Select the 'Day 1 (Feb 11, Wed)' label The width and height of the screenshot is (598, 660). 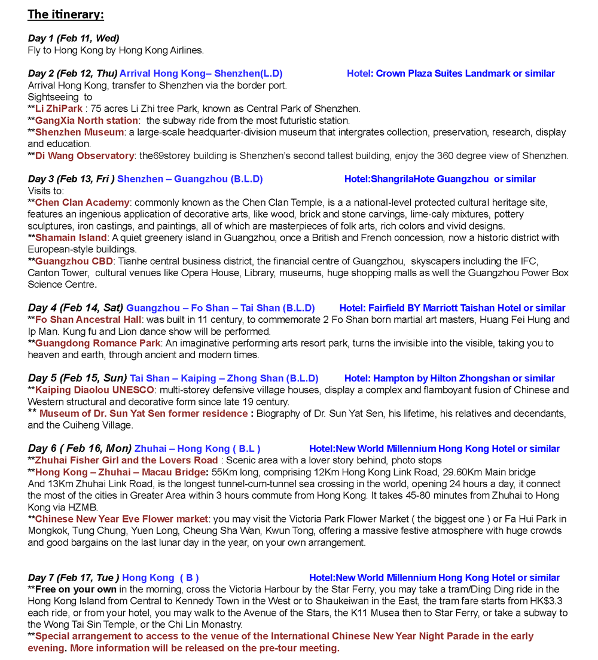coord(74,39)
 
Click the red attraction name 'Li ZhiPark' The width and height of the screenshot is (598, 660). coord(59,109)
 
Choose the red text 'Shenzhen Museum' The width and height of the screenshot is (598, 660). coord(80,132)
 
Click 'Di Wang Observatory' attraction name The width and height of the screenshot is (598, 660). coord(84,156)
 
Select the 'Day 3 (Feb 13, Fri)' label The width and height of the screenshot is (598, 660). coord(71,179)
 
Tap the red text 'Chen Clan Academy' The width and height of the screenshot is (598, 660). coord(82,203)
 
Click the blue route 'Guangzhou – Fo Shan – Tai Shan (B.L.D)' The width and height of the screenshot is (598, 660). coord(220,308)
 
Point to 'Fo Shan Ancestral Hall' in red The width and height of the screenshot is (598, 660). coord(88,320)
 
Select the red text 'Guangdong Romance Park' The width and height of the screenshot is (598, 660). coord(97,343)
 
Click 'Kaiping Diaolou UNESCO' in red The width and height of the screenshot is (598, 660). coord(94,390)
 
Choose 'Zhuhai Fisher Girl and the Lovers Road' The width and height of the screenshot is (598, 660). coord(126,460)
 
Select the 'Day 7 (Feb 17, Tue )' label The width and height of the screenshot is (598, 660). coord(74,578)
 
